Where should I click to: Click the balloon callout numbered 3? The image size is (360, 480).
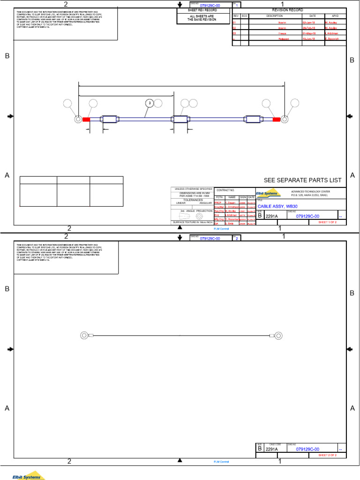[x=150, y=103]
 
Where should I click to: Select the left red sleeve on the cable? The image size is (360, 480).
[x=86, y=120]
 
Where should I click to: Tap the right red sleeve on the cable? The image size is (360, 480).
[x=277, y=120]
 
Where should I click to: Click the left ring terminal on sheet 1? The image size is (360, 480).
[x=78, y=119]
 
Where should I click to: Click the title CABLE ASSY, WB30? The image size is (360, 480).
[x=277, y=206]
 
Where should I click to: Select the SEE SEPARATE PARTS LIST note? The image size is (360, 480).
[x=302, y=180]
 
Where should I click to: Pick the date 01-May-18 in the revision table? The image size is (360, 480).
[x=309, y=34]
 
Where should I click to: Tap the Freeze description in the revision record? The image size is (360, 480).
[x=282, y=34]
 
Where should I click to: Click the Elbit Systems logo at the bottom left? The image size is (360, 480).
[x=28, y=475]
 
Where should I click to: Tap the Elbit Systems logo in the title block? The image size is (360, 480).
[x=268, y=193]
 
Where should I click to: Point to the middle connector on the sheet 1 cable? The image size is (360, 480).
[x=180, y=120]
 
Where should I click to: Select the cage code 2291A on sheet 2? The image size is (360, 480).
[x=272, y=449]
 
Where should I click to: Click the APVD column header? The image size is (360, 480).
[x=335, y=16]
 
